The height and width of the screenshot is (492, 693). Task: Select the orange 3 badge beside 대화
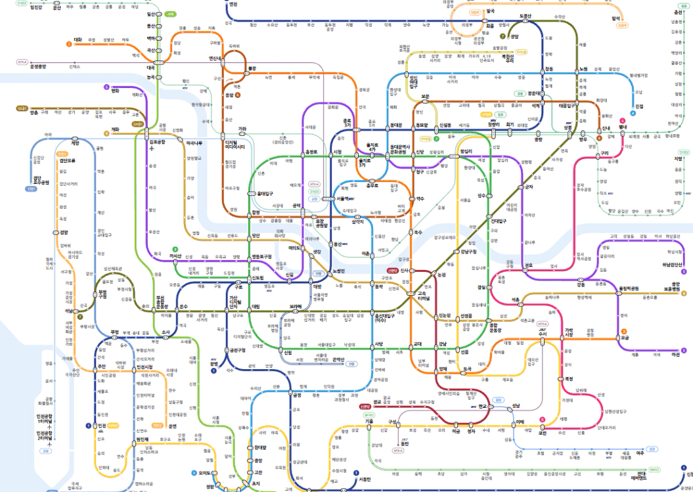[x=68, y=44]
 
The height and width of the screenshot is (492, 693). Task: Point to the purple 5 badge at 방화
[x=106, y=87]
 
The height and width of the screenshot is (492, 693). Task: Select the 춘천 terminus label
[x=677, y=12]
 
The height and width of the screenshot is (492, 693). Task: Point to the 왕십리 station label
[x=466, y=151]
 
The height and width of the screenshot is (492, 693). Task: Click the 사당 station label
[x=379, y=344]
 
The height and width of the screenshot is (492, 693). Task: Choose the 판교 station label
[x=486, y=406]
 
